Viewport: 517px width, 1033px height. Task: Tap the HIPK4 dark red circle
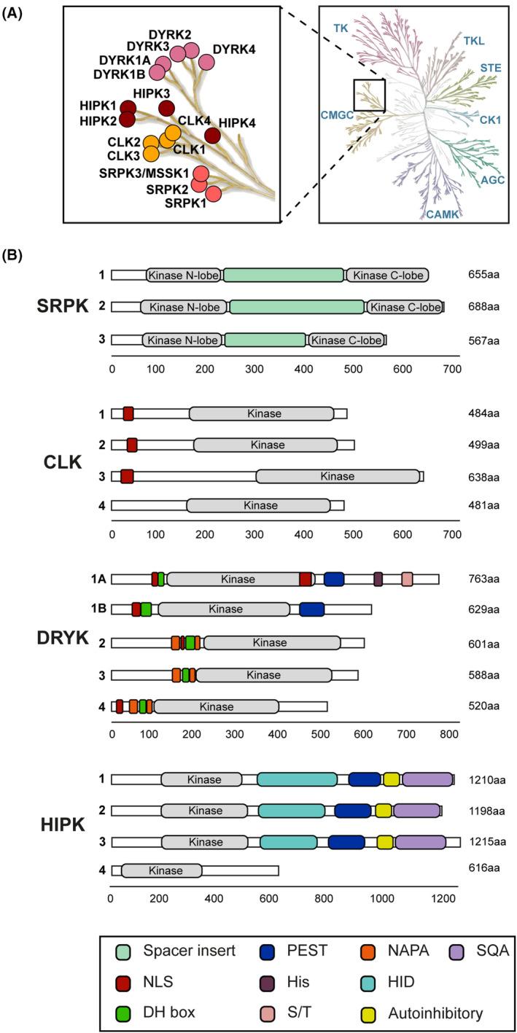click(212, 135)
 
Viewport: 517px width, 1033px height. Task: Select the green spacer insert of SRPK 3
click(265, 340)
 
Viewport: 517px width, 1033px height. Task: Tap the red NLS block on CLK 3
click(127, 476)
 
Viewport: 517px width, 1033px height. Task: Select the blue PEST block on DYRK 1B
click(311, 609)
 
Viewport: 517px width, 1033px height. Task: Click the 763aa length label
click(484, 580)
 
